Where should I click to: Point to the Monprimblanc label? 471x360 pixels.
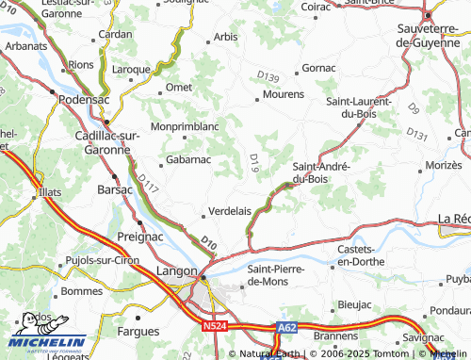(x=185, y=125)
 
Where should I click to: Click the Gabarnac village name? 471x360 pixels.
(x=188, y=160)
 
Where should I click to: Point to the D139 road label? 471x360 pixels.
(x=268, y=75)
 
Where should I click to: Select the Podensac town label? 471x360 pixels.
(x=85, y=99)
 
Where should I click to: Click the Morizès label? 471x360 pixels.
(x=444, y=165)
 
